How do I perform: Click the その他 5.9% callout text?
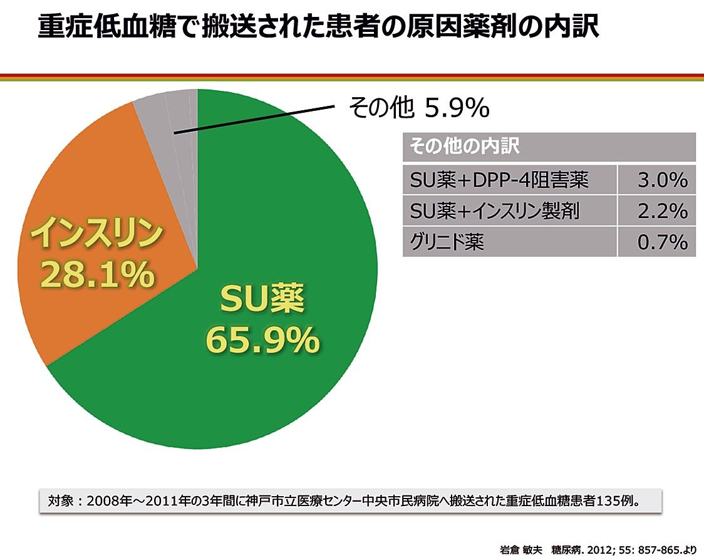coord(418,109)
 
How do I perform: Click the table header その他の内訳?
coord(463,147)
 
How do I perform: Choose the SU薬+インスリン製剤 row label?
coord(494,211)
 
